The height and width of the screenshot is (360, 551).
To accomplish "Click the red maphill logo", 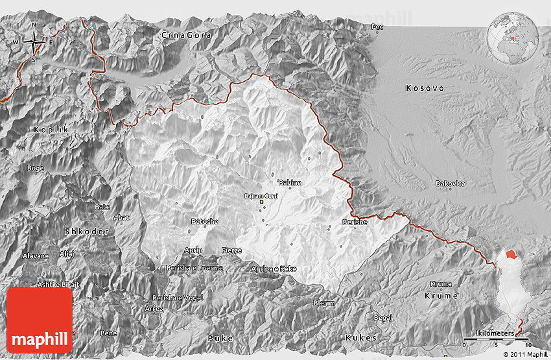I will (x=40, y=320).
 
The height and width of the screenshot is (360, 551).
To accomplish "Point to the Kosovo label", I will (x=425, y=88).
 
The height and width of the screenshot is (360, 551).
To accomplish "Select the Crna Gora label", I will (x=186, y=35).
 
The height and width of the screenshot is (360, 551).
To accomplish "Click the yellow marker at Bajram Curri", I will (x=262, y=202).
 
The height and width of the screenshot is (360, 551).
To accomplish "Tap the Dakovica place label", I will (x=450, y=184).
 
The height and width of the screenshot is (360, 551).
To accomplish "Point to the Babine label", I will (x=290, y=182).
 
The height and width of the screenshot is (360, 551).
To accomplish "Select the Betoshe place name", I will (x=204, y=221).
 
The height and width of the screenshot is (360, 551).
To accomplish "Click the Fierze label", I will (x=231, y=250).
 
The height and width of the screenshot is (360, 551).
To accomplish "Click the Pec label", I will (x=377, y=27).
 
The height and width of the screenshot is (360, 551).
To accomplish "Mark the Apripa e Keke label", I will (x=274, y=268).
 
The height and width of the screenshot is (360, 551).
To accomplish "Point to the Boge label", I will (x=35, y=168).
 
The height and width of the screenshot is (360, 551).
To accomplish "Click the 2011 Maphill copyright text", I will (x=525, y=355).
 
